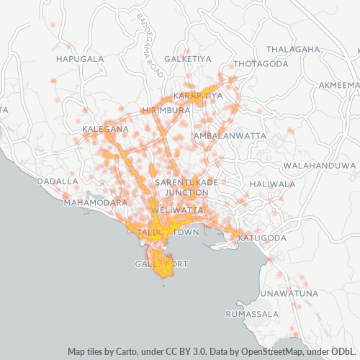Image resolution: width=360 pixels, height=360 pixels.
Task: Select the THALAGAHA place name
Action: pyautogui.click(x=293, y=49)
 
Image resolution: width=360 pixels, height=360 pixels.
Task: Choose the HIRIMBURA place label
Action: pyautogui.click(x=166, y=110)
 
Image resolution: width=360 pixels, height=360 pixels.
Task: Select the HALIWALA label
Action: pyautogui.click(x=272, y=184)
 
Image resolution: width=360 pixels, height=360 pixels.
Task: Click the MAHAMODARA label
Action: pyautogui.click(x=96, y=203)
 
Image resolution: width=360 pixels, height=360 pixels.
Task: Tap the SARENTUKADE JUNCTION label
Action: pyautogui.click(x=181, y=188)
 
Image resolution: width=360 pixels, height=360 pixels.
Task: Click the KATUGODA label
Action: pyautogui.click(x=262, y=238)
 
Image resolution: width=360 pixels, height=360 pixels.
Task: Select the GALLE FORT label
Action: pyautogui.click(x=161, y=264)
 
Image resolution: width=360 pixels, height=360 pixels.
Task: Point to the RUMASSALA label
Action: pyautogui.click(x=246, y=315)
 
